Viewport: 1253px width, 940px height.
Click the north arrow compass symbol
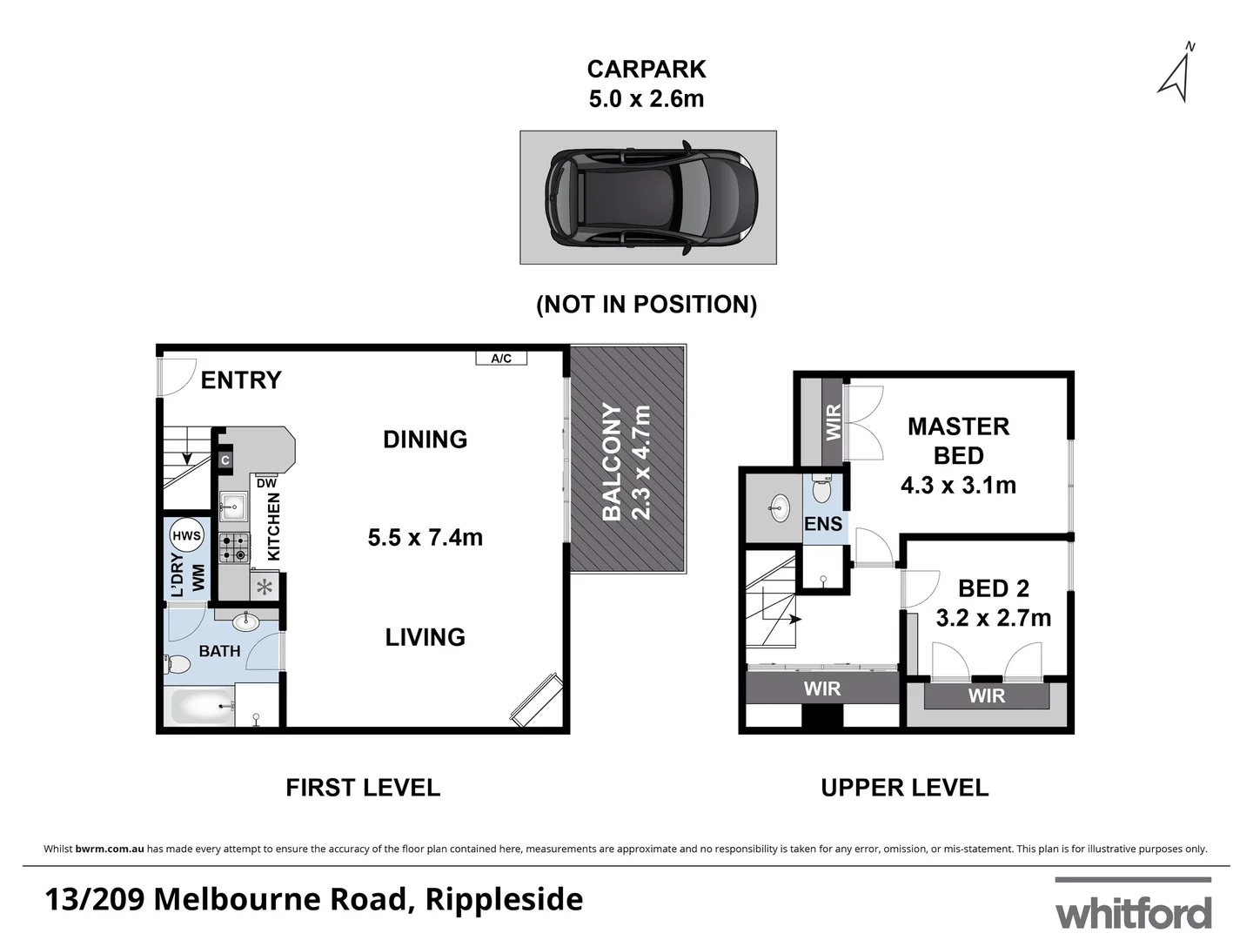coord(1176,72)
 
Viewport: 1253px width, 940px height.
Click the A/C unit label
coord(501,359)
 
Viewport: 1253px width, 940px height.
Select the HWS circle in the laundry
coord(186,536)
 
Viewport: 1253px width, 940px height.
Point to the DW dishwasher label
coord(266,483)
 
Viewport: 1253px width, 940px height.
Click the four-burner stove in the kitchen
coord(233,547)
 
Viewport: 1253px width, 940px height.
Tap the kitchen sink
coord(233,506)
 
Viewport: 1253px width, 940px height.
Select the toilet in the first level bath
coord(178,665)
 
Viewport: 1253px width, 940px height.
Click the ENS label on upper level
coord(823,524)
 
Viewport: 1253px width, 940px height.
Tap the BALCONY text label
coord(613,461)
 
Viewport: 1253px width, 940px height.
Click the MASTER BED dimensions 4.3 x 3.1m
coord(958,486)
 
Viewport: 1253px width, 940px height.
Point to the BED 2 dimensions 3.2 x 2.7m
coord(993,618)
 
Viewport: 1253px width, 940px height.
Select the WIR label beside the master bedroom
coord(833,421)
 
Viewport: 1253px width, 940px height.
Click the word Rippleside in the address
coord(504,899)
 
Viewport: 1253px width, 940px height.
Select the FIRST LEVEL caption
coord(363,788)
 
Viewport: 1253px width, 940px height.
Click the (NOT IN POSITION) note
coord(647,305)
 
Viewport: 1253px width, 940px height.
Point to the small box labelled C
coord(224,460)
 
